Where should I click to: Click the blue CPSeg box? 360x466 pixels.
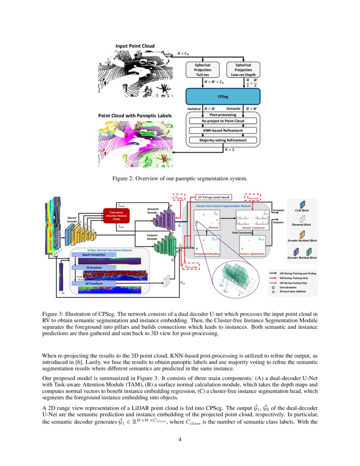tap(222, 97)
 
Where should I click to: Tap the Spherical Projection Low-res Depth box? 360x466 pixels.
tap(243, 70)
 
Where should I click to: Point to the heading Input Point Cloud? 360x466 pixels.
tap(135, 46)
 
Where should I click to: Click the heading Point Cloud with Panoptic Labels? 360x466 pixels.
tap(135, 115)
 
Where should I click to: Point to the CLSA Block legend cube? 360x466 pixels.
tap(303, 205)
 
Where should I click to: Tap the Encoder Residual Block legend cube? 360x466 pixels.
tap(303, 234)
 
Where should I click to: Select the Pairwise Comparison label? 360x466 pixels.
tap(253, 228)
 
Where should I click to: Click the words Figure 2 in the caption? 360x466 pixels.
tap(123, 179)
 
